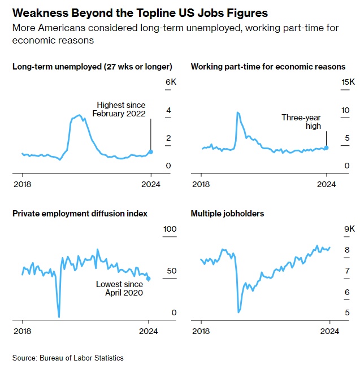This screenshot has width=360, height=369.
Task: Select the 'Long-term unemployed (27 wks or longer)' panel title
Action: [x=92, y=67]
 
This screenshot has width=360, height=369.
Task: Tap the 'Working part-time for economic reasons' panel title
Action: [x=268, y=67]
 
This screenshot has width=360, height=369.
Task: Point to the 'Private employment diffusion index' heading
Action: [x=80, y=214]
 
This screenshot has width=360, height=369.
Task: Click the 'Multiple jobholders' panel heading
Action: [x=228, y=214]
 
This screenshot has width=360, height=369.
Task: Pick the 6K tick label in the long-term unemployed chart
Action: [x=171, y=83]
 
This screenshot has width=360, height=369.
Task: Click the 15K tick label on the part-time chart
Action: [x=348, y=83]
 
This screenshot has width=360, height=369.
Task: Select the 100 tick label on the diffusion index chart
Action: [x=170, y=229]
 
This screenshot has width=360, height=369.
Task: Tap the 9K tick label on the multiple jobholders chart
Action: [x=350, y=229]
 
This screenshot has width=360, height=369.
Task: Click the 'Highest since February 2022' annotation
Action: [x=121, y=109]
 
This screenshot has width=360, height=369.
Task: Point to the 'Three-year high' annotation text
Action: [x=301, y=121]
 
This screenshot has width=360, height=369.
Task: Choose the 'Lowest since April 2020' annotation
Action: [x=119, y=288]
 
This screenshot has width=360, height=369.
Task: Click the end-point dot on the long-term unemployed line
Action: [x=150, y=152]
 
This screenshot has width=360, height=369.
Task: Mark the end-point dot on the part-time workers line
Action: [x=327, y=147]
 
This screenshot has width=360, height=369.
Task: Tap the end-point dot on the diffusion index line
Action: [x=148, y=279]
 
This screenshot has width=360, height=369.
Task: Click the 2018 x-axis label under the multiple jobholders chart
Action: [x=201, y=331]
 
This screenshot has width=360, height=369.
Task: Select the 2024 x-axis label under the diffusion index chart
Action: [x=149, y=331]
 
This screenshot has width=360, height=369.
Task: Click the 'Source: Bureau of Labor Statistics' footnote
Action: [x=68, y=358]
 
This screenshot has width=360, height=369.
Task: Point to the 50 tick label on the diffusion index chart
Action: [x=170, y=271]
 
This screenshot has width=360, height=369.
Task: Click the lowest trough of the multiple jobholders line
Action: [x=239, y=312]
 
